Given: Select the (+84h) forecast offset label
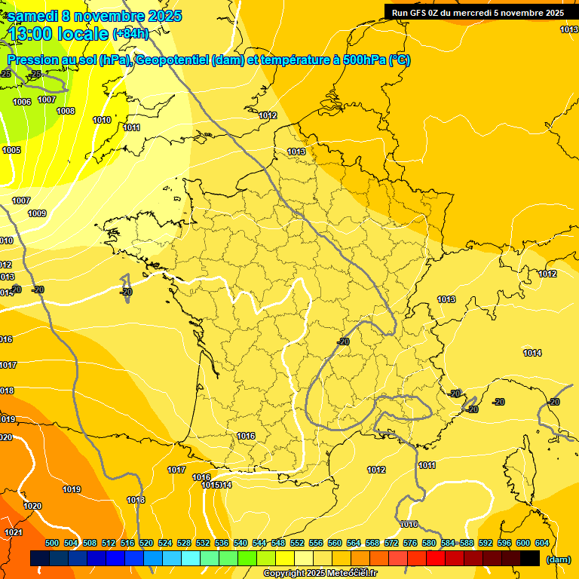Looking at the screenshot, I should (x=131, y=34).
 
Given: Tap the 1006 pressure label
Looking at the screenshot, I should (x=22, y=102).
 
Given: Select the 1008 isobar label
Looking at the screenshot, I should (x=66, y=112).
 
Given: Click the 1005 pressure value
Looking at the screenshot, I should (x=11, y=150).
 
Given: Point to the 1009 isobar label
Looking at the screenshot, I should (x=37, y=213).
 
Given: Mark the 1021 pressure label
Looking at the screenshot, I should (x=13, y=532).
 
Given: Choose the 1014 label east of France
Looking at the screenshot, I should (x=532, y=353).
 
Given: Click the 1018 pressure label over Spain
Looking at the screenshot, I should (x=136, y=500).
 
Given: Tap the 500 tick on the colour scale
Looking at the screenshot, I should (x=52, y=543).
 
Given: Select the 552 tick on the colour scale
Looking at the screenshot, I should (x=297, y=543).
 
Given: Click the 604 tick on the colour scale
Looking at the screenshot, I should (x=541, y=543).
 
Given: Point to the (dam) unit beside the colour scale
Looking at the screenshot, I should (x=557, y=559).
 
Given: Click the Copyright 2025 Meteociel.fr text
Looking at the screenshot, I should (x=320, y=574).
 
